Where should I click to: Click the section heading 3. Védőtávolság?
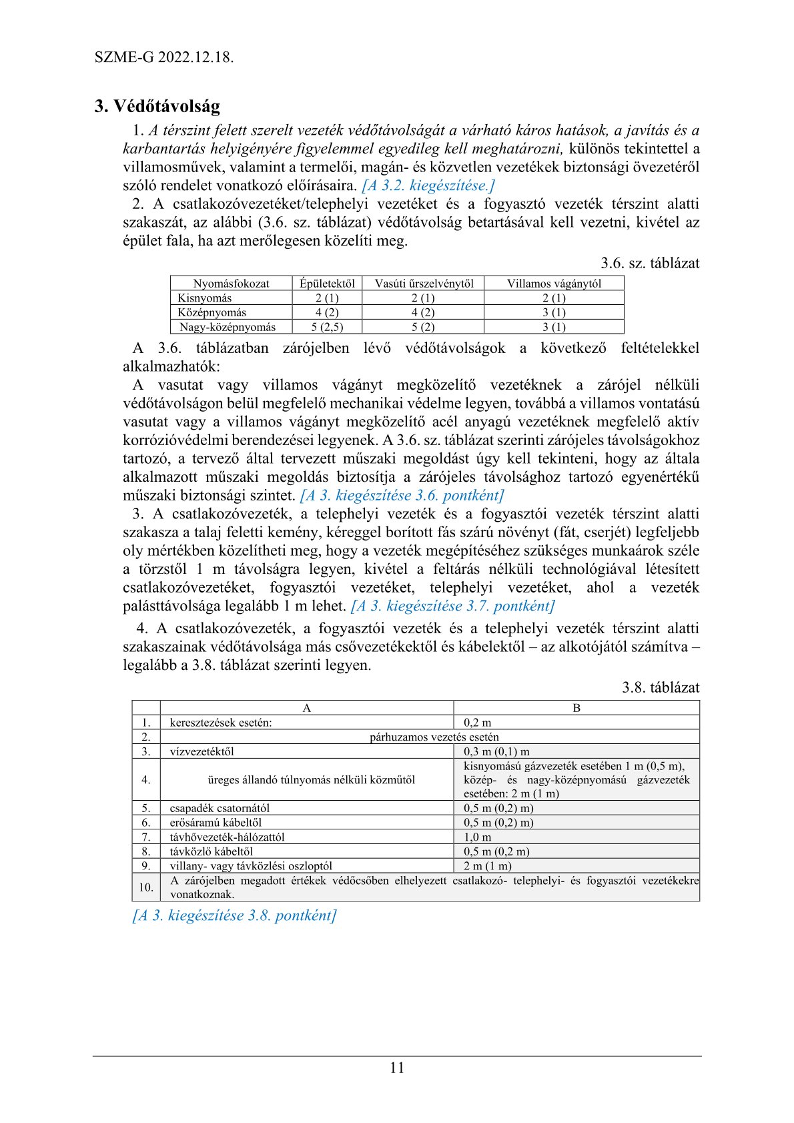point(157,106)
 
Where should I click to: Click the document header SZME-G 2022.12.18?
point(164,57)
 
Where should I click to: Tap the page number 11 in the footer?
point(396,1068)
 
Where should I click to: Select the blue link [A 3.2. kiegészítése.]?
point(428,185)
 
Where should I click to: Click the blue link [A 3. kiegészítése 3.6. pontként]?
point(402,495)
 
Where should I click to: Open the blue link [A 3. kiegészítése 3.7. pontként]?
point(452,606)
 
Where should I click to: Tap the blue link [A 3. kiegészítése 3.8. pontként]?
point(234,915)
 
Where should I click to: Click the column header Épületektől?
point(327,283)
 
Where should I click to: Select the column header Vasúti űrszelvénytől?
point(424,283)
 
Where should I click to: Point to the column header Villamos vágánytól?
point(554,283)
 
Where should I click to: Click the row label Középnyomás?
point(212,312)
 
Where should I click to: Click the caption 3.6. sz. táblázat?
point(650,263)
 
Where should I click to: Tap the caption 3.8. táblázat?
point(661,687)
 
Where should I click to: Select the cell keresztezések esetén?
point(221,723)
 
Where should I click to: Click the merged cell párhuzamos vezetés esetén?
point(434,737)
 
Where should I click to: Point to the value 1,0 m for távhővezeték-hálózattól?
point(478,837)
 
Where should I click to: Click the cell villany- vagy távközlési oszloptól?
point(251,865)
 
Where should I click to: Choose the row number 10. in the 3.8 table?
point(146,887)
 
